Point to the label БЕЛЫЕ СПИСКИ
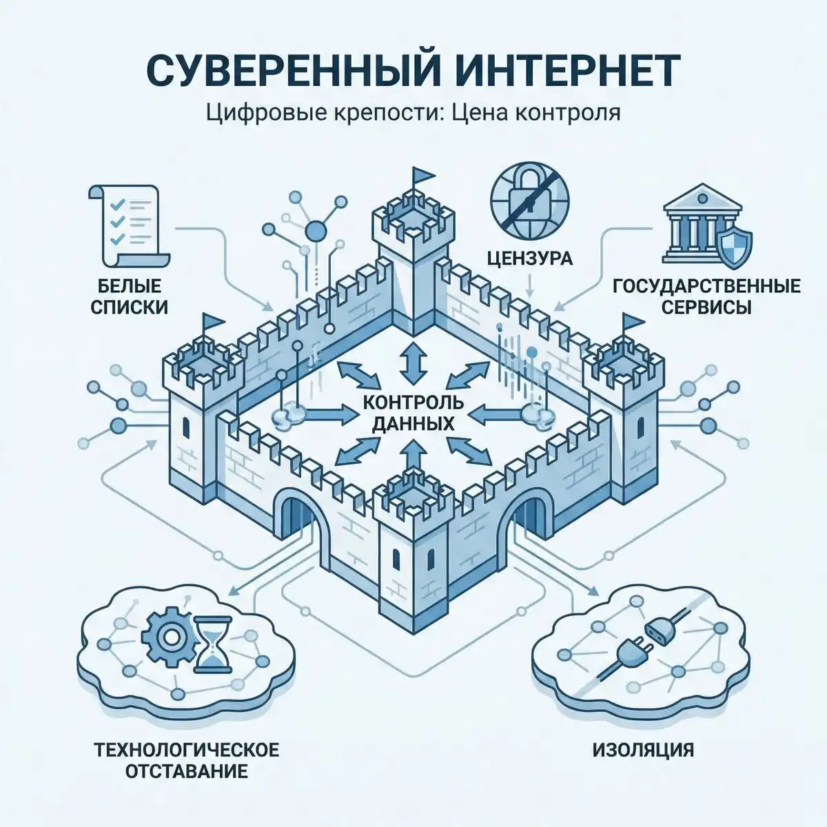[130, 295]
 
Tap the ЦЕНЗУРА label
[529, 259]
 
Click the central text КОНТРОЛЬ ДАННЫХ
[413, 412]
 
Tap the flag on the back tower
[419, 176]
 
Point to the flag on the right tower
[631, 322]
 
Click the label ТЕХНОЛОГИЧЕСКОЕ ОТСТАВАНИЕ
[187, 759]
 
